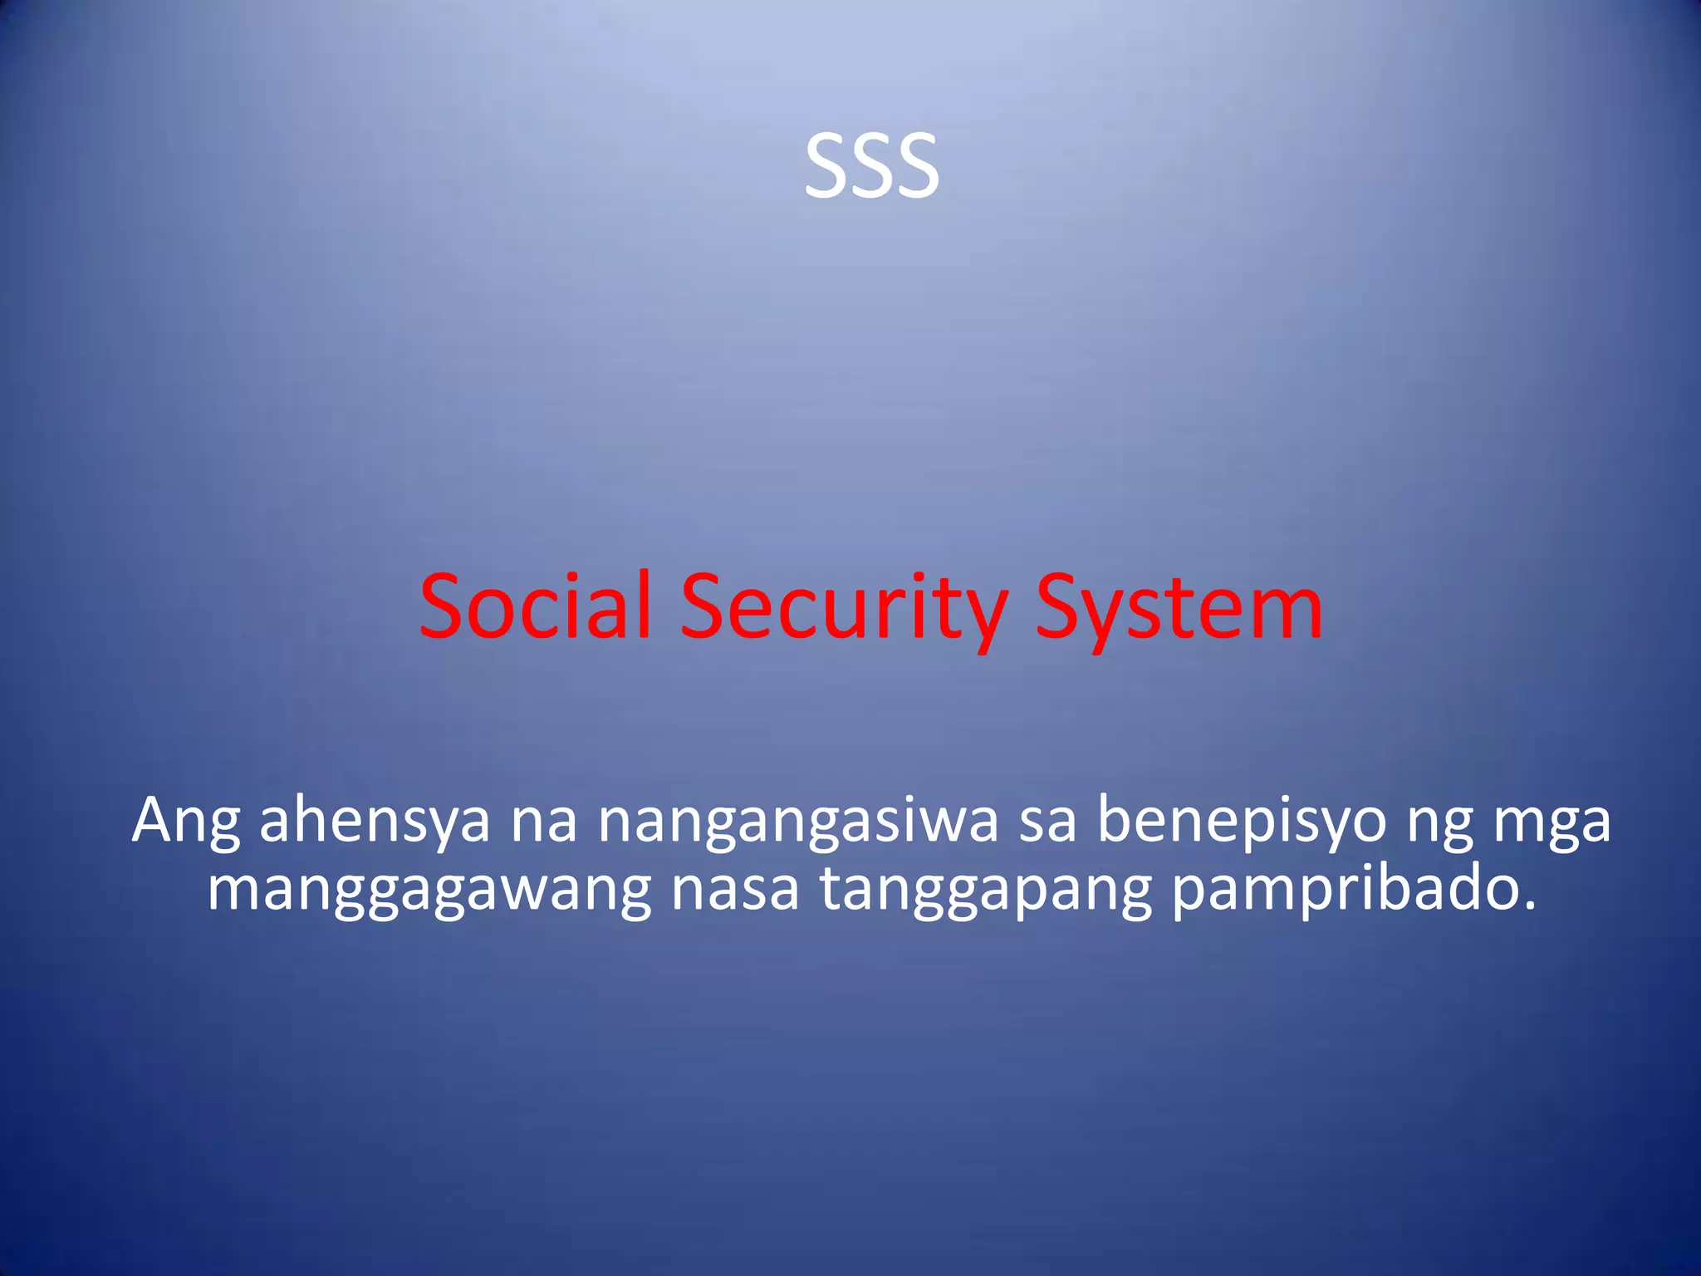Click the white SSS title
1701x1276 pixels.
(871, 166)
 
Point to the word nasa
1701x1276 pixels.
(734, 891)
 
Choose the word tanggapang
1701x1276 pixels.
(986, 891)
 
